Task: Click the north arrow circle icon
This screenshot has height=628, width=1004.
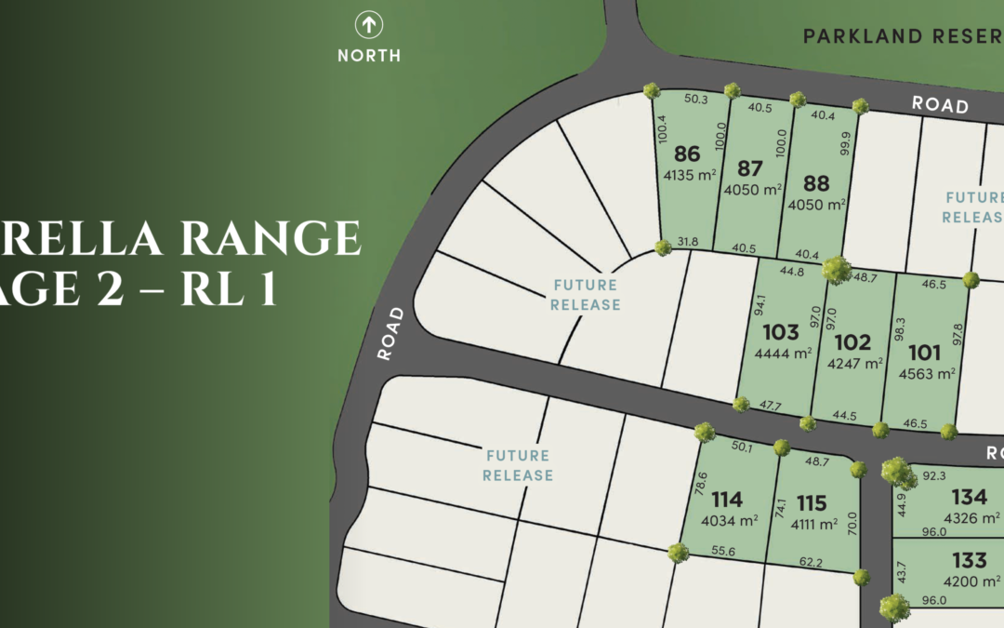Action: coord(369,25)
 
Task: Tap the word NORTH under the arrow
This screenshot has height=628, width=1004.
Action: coord(369,55)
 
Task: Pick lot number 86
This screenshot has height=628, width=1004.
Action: coord(687,154)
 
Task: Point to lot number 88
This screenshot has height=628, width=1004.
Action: coord(817,183)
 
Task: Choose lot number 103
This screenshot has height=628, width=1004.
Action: coord(780,332)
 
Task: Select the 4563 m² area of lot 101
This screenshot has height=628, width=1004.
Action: coord(928,374)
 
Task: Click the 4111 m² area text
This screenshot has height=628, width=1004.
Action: coord(812,524)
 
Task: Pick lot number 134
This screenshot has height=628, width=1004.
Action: coord(969,497)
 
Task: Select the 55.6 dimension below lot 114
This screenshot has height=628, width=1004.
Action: coord(722,552)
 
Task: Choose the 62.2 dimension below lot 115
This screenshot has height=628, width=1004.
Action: coord(810,562)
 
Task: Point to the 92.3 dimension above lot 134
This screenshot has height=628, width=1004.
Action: coord(934,475)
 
